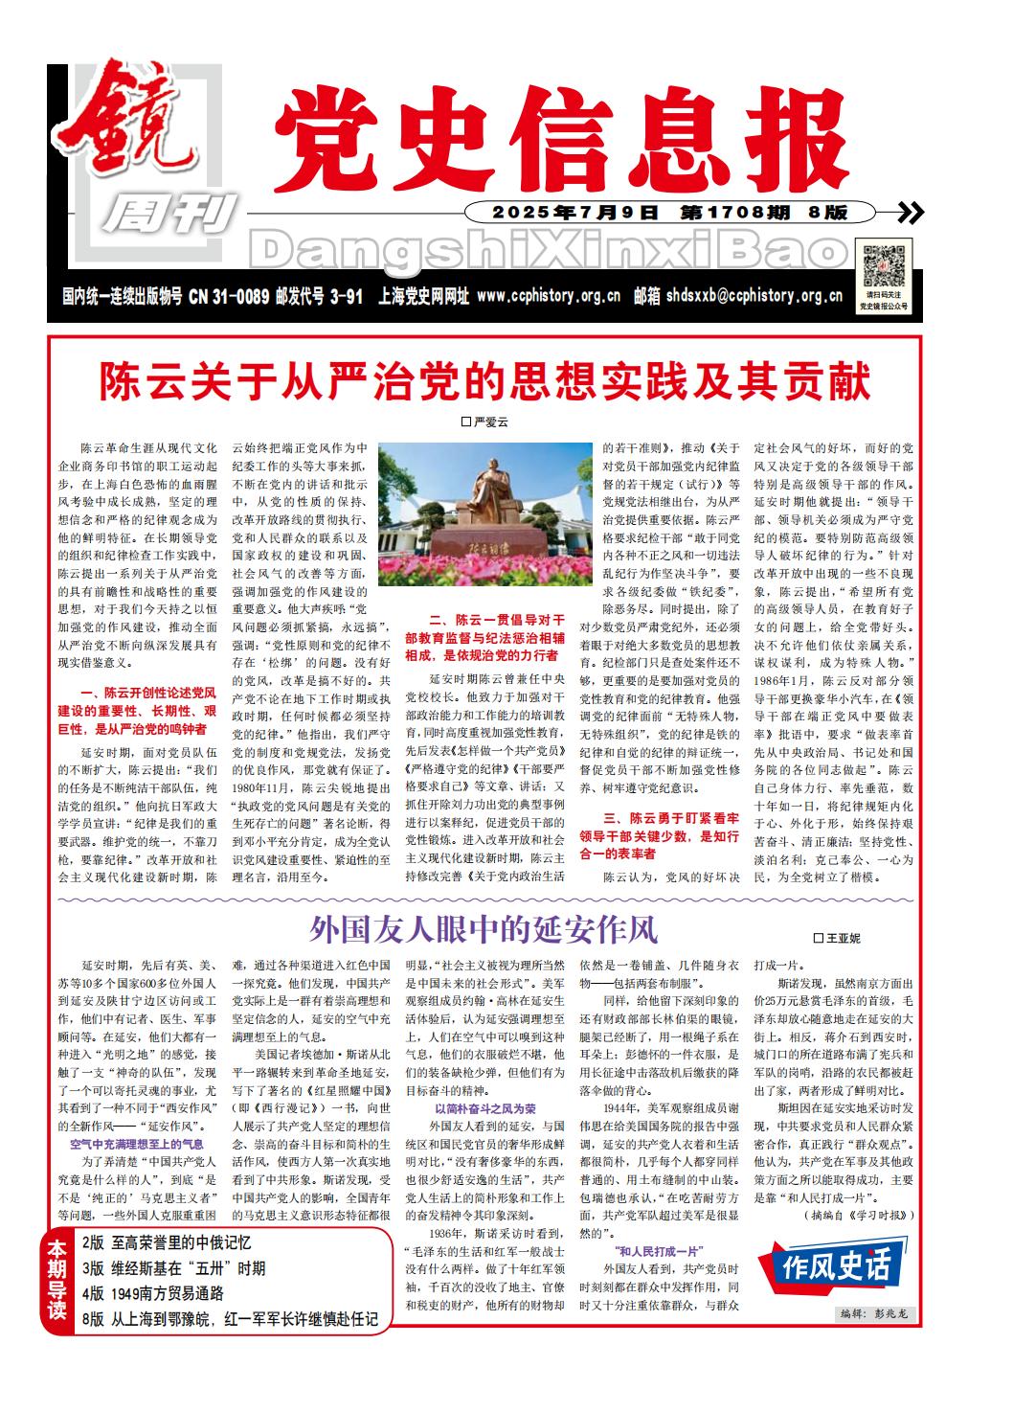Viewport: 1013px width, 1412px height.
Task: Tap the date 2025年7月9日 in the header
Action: pos(576,213)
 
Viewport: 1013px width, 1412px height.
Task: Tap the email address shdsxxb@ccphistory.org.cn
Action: pos(754,297)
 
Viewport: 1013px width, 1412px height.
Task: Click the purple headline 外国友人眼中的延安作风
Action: pos(484,928)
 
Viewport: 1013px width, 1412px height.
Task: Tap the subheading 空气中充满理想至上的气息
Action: pos(136,1144)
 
